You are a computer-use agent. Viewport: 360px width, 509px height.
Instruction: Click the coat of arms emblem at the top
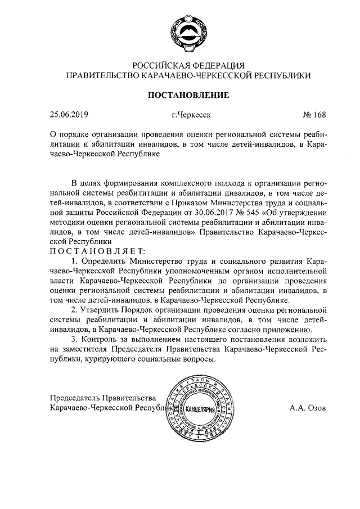187,30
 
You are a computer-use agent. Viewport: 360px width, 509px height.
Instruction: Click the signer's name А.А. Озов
308,408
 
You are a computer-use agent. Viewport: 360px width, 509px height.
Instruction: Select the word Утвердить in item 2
103,310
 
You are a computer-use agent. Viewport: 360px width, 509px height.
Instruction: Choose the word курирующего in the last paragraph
122,361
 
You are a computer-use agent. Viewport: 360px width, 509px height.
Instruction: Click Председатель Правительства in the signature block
102,398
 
